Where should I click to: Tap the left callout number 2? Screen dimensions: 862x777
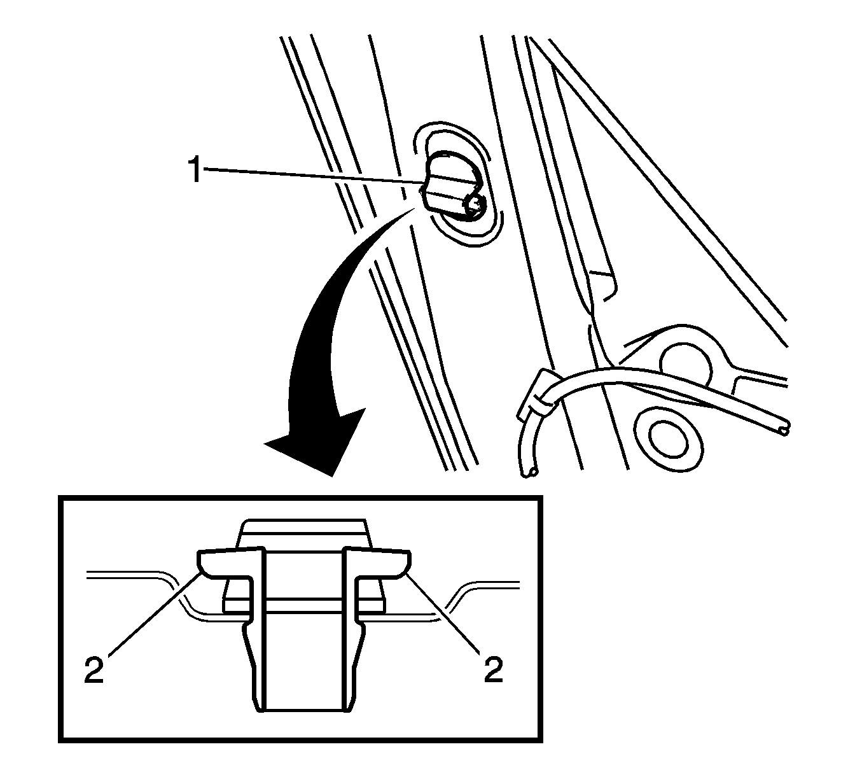point(94,669)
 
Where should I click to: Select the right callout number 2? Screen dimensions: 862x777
point(493,669)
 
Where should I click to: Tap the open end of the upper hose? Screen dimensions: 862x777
point(784,431)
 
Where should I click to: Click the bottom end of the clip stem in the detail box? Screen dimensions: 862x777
point(304,722)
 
